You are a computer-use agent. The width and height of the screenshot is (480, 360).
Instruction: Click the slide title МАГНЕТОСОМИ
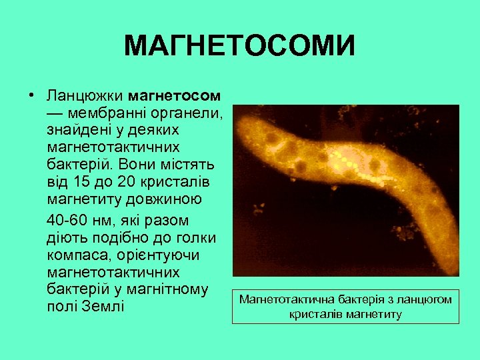pyautogui.click(x=239, y=47)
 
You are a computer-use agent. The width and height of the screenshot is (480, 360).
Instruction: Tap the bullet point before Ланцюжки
pyautogui.click(x=31, y=93)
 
